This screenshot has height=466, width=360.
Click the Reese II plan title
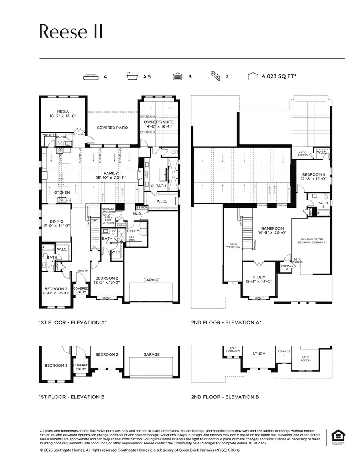click(x=71, y=32)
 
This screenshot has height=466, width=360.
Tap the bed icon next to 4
click(x=92, y=76)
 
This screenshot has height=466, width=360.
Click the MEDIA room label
click(x=63, y=112)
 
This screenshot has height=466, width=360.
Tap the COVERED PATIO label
click(x=112, y=128)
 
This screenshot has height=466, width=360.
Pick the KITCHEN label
click(x=62, y=192)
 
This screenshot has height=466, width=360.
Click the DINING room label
click(x=56, y=221)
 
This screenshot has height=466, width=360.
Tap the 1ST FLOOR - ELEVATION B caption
click(x=72, y=397)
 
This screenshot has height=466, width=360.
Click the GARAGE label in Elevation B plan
click(x=151, y=354)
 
